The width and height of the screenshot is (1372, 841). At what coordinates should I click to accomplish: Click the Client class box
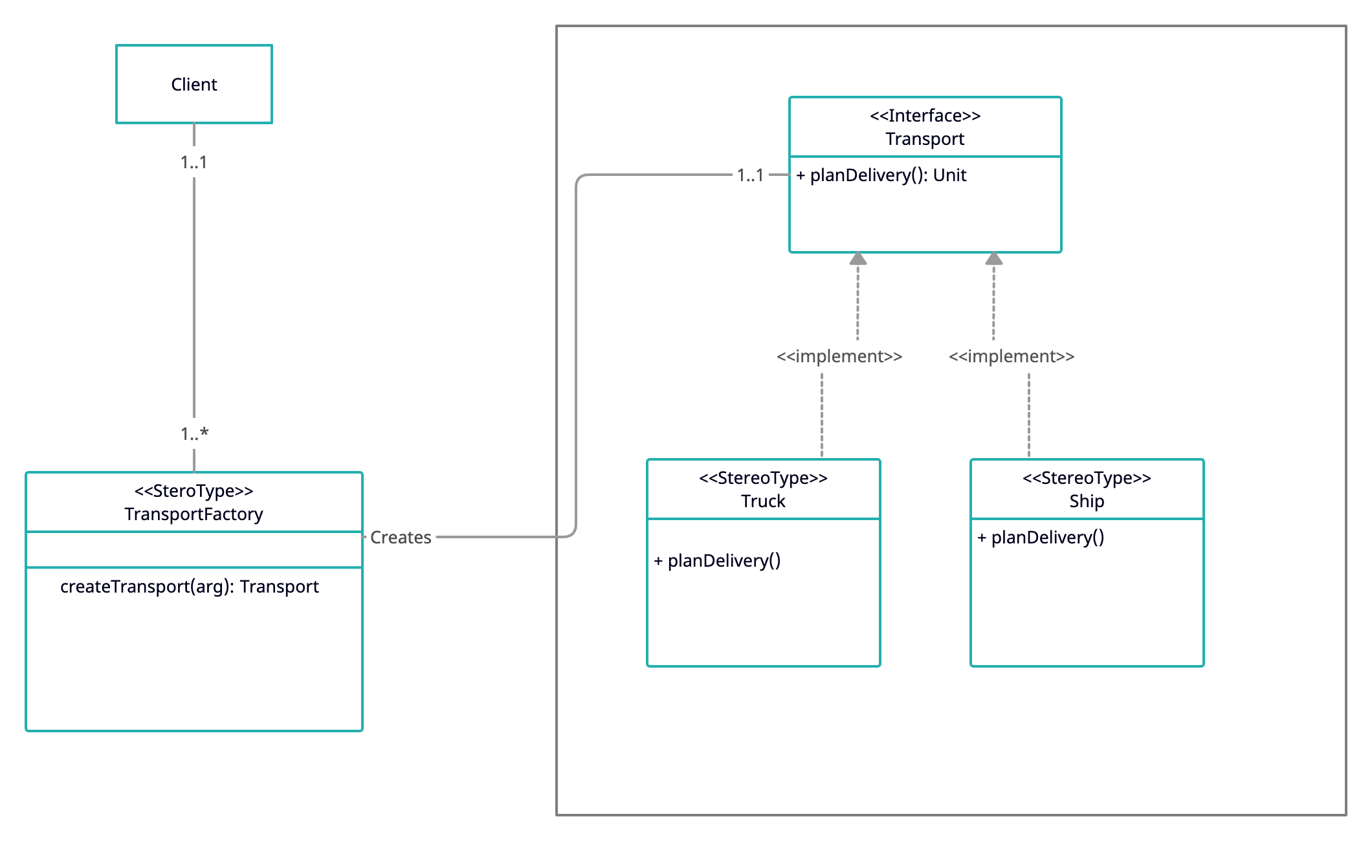click(x=194, y=84)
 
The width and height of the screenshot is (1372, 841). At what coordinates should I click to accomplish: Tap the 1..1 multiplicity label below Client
click(x=194, y=162)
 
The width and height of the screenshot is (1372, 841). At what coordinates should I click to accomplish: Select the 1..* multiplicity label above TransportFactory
click(x=194, y=433)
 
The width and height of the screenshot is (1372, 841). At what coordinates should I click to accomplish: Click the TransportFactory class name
click(x=194, y=514)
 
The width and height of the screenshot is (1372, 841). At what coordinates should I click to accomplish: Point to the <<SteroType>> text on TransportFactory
click(x=194, y=491)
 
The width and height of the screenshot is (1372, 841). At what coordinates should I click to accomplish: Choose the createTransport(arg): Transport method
click(x=190, y=587)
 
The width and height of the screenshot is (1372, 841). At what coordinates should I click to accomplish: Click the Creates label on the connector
click(x=401, y=538)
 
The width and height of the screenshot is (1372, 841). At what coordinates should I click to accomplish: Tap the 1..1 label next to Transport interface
click(x=750, y=175)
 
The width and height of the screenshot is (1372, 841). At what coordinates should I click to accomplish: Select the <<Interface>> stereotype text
click(x=925, y=116)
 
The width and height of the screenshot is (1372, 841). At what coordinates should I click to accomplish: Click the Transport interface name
click(x=925, y=139)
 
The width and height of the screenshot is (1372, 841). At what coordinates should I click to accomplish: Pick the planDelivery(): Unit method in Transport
click(x=881, y=175)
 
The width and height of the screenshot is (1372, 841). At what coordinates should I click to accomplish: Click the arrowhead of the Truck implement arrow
click(x=858, y=259)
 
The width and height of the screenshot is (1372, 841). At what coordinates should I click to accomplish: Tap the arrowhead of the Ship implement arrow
click(x=994, y=259)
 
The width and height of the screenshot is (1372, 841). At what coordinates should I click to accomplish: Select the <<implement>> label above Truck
click(x=839, y=356)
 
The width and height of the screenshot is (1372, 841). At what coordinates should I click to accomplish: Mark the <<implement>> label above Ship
click(x=1012, y=356)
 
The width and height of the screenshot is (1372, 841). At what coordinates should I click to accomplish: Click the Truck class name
click(x=763, y=501)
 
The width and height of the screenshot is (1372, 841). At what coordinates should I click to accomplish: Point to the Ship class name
click(x=1087, y=501)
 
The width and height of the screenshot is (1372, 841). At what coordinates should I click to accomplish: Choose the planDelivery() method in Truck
click(x=718, y=561)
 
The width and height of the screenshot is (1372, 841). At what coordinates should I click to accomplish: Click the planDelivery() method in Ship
click(x=1041, y=538)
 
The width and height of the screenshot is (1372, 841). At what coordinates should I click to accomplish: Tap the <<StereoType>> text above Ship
click(x=1087, y=478)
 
